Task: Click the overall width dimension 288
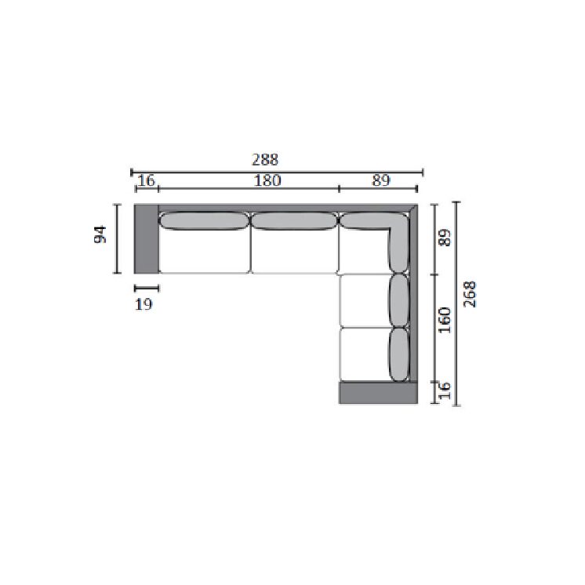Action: [x=265, y=160]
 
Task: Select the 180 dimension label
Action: [x=267, y=180]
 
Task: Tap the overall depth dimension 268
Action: [x=470, y=294]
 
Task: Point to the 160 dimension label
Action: [x=445, y=320]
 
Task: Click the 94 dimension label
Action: [x=100, y=234]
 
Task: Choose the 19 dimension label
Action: [x=144, y=304]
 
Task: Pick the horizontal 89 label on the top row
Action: [x=381, y=180]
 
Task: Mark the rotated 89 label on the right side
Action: [x=445, y=238]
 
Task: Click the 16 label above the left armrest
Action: [x=146, y=180]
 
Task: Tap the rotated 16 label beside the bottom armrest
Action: [x=445, y=391]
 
